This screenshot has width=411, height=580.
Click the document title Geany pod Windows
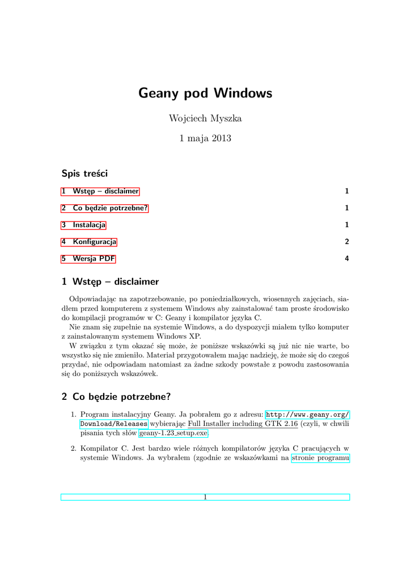pos(205,93)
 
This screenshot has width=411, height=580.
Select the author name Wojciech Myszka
pos(205,118)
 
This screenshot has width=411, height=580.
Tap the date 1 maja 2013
pos(205,138)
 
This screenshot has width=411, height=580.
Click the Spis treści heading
pos(84,173)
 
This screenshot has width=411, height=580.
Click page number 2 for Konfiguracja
pos(346,242)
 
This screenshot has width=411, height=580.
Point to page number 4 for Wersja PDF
pos(346,259)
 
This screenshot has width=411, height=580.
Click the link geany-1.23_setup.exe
pos(173,433)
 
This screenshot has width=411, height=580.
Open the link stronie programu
pos(320,459)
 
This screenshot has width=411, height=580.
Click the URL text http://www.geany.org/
pos(307,415)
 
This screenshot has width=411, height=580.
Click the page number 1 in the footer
pos(205,497)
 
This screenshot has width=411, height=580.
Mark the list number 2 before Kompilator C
pos(73,449)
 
